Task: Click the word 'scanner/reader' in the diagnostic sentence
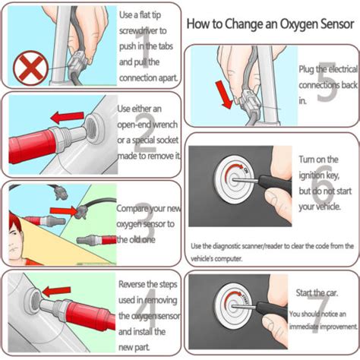tap(257, 247)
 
